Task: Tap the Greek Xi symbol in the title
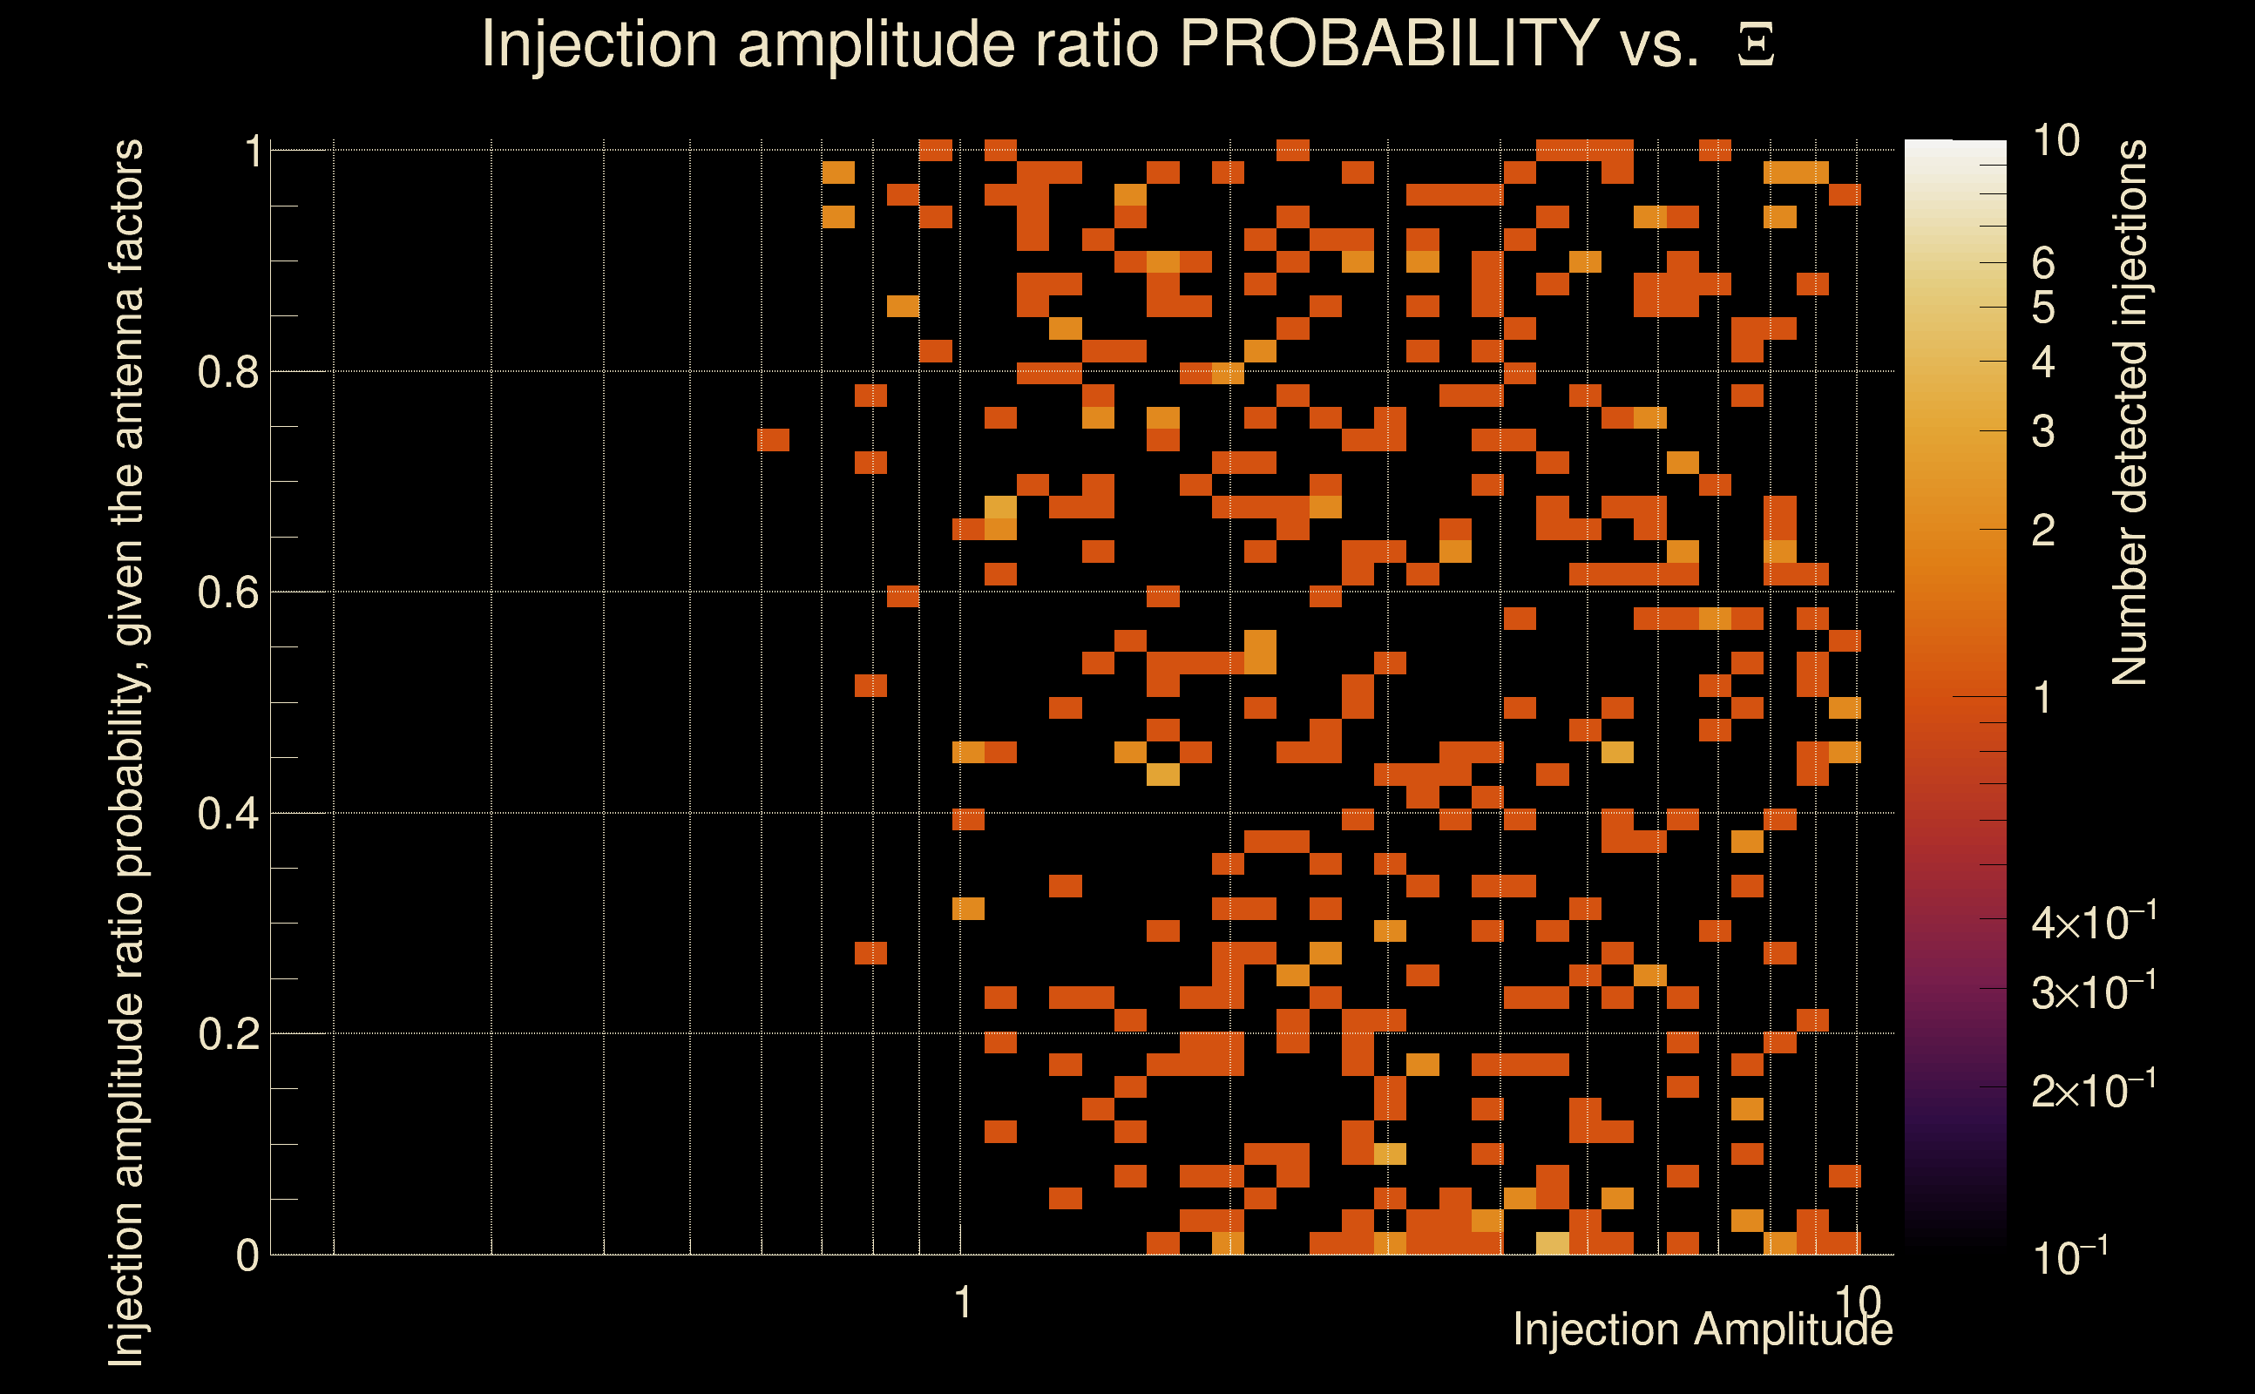(1756, 45)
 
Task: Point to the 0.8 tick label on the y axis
(227, 373)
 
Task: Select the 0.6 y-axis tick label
(227, 592)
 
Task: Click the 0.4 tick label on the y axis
(227, 814)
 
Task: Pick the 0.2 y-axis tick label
(227, 1034)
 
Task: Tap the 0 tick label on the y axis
(247, 1255)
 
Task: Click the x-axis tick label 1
(963, 1303)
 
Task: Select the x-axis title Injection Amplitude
(1702, 1330)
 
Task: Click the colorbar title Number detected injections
(2130, 412)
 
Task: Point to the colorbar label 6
(2043, 264)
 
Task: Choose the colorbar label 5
(2043, 307)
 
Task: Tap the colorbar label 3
(2043, 431)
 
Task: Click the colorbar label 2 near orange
(2043, 530)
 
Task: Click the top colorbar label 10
(2055, 141)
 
